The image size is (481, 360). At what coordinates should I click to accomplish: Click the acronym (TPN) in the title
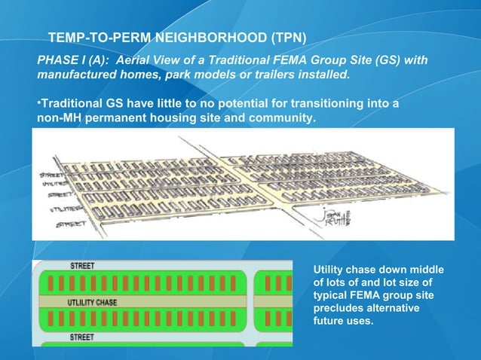tap(287, 38)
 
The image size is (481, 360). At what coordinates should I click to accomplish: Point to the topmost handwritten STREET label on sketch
tap(53, 175)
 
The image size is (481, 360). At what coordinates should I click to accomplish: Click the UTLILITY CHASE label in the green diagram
tap(91, 302)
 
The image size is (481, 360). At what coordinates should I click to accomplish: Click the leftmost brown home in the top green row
tap(52, 283)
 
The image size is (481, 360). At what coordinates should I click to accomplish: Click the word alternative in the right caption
tap(405, 307)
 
